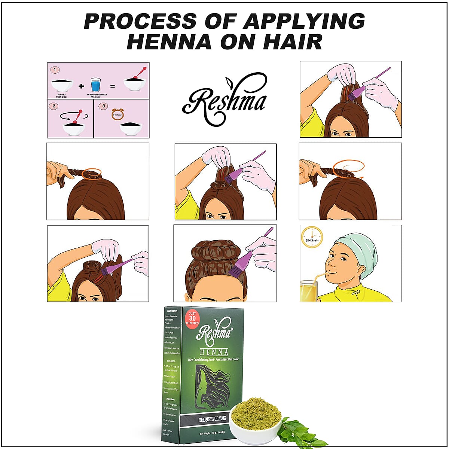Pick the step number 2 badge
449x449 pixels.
click(55, 106)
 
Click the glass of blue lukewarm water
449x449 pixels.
click(96, 85)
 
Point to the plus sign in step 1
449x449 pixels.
click(81, 86)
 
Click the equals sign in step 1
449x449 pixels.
click(113, 86)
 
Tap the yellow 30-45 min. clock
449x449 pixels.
click(311, 237)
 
